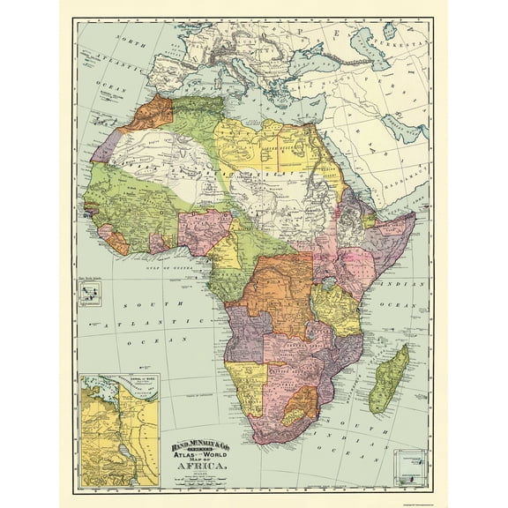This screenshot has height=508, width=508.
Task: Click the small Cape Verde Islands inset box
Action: tap(89, 294)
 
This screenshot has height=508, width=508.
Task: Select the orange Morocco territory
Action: tap(150, 112)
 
